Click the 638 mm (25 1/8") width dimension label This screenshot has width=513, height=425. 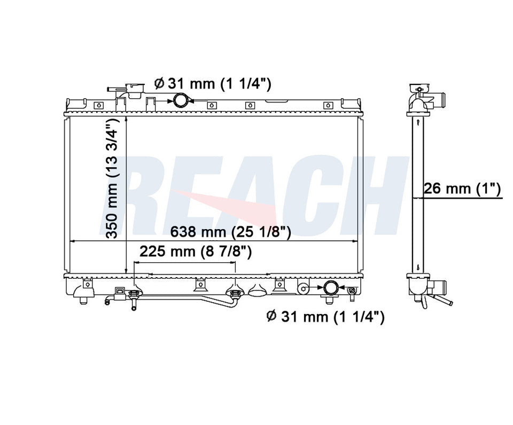pos(230,232)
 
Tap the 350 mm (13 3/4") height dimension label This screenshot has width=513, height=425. pos(113,178)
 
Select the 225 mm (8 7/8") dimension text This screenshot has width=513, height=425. pos(196,252)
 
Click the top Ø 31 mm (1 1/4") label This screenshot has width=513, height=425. pos(213,84)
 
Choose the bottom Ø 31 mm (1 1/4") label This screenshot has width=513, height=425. pos(325,317)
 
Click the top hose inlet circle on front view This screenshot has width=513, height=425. pos(181,101)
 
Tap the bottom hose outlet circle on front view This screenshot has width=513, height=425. pos(331,288)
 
